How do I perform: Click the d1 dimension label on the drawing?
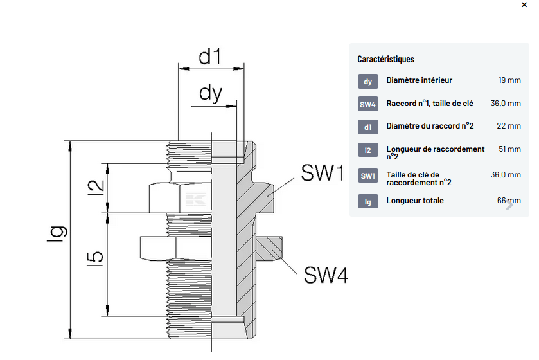point(209,57)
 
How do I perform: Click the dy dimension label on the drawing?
point(210,94)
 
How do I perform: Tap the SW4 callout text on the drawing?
point(326,276)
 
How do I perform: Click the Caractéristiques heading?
point(385,59)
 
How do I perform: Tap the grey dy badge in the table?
point(367,82)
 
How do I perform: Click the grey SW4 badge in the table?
point(367,105)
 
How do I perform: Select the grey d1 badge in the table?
point(367,127)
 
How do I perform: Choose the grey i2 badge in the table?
point(367,150)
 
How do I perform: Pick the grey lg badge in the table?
point(367,202)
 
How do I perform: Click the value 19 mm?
point(509,80)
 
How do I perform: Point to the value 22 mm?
point(509,126)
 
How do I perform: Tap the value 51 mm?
point(509,149)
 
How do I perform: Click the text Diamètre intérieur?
point(420,80)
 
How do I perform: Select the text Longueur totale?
point(415,201)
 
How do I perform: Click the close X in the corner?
point(524,5)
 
